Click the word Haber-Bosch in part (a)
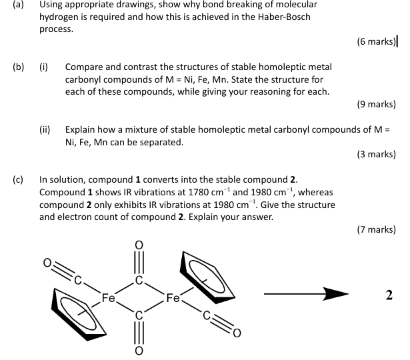[284, 17]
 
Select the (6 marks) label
[376, 41]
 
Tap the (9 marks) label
[376, 104]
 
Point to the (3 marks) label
[376, 154]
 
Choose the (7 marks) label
[376, 229]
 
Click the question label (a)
[18, 5]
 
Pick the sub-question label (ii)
[45, 130]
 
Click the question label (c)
[18, 180]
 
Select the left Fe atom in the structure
[108, 298]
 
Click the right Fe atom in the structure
[173, 298]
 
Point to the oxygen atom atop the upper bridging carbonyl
[139, 245]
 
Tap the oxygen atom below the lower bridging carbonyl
[139, 351]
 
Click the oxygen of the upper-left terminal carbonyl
[47, 263]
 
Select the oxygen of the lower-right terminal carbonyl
[237, 333]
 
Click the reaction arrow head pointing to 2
[336, 294]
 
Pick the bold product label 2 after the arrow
[389, 295]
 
